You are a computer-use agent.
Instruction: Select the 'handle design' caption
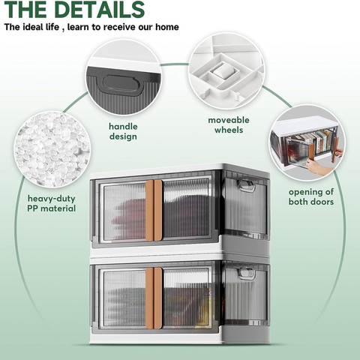click(x=123, y=131)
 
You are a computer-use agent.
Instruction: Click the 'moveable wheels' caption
click(x=229, y=125)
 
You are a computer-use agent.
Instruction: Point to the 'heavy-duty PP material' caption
click(x=51, y=203)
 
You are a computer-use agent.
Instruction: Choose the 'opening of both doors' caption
click(x=311, y=196)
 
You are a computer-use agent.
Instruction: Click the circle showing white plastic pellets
click(x=52, y=149)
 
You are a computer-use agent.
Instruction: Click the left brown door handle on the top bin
click(x=149, y=211)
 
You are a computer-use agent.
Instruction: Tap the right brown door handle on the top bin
click(x=158, y=211)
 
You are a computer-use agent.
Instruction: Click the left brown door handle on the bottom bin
click(x=149, y=298)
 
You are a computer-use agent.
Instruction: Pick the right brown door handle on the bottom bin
click(x=158, y=298)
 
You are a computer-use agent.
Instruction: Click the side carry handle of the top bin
click(x=246, y=185)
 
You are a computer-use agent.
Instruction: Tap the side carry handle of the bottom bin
click(x=246, y=273)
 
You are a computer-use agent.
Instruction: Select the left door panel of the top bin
click(x=124, y=212)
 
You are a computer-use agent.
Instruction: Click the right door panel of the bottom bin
click(x=186, y=298)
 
